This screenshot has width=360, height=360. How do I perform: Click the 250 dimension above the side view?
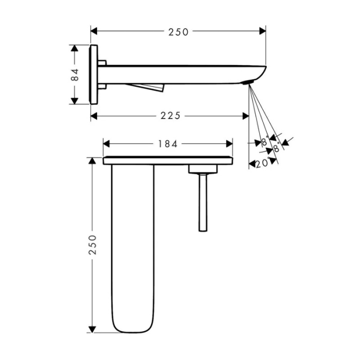click(x=178, y=32)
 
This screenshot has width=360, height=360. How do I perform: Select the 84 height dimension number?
click(x=75, y=75)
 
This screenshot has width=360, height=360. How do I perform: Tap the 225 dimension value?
click(x=170, y=116)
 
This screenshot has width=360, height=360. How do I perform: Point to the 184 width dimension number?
click(x=168, y=145)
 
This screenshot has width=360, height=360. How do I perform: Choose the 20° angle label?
click(x=262, y=163)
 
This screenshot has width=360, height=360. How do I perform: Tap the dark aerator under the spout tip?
click(x=248, y=83)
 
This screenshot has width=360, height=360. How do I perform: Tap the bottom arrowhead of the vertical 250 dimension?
click(x=93, y=329)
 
